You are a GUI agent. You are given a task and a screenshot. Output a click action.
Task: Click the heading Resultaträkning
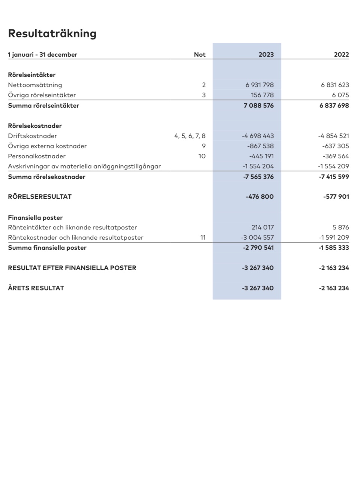[52, 34]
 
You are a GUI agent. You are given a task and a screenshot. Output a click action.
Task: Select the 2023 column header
[266, 55]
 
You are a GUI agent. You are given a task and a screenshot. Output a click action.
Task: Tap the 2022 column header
[341, 55]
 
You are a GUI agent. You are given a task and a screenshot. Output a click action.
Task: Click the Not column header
[199, 55]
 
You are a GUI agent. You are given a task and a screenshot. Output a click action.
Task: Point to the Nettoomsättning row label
[35, 85]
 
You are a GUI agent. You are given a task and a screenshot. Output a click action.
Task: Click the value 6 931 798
[259, 85]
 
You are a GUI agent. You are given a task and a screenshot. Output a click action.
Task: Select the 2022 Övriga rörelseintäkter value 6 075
[340, 95]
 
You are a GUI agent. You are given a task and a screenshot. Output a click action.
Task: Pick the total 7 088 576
[259, 106]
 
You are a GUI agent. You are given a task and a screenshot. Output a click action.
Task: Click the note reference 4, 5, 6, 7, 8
[190, 136]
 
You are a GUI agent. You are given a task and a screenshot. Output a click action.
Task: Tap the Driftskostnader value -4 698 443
[258, 136]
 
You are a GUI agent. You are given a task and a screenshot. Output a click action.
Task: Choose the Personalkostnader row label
[37, 156]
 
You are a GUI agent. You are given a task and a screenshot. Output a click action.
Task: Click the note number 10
[202, 156]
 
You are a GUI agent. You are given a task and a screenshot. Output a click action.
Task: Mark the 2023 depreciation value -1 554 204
[258, 166]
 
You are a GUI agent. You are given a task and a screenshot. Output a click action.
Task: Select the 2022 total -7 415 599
[334, 177]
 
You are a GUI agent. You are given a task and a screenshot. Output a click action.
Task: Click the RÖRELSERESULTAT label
[40, 197]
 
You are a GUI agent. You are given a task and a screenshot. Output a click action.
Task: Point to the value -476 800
[259, 197]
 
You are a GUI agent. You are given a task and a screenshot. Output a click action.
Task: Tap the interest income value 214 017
[262, 228]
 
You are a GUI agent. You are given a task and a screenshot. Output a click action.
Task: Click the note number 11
[202, 238]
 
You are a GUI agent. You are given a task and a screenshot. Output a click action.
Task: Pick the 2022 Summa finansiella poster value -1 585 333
[334, 248]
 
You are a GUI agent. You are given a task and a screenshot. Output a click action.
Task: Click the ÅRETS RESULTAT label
[36, 288]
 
